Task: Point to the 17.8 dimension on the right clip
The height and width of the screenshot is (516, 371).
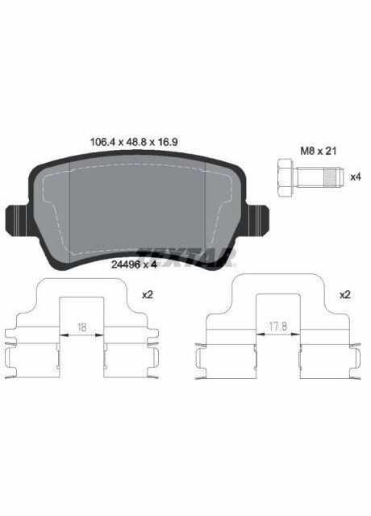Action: pos(277,327)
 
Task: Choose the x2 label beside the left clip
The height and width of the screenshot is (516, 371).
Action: pos(148,295)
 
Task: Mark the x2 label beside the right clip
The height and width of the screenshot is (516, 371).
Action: pos(345,295)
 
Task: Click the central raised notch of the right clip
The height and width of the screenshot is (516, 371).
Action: pos(277,302)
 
